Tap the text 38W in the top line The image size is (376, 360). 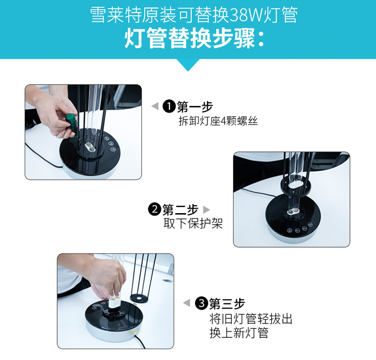[247, 15]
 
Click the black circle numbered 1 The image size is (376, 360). [169, 106]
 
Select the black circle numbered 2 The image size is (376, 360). [154, 210]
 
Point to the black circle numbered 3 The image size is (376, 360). [201, 303]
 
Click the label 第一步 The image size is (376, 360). [195, 106]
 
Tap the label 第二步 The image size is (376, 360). [180, 210]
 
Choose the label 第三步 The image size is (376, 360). [227, 304]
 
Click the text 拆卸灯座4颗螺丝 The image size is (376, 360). [218, 121]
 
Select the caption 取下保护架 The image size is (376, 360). [194, 224]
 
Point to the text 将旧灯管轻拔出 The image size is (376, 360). [251, 319]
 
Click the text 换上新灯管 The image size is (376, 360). [239, 333]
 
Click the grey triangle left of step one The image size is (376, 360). [155, 106]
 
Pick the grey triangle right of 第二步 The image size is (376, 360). [207, 210]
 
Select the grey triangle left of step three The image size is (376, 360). [187, 303]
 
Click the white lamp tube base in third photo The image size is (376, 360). [114, 302]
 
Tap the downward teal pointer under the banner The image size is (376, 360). [188, 65]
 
